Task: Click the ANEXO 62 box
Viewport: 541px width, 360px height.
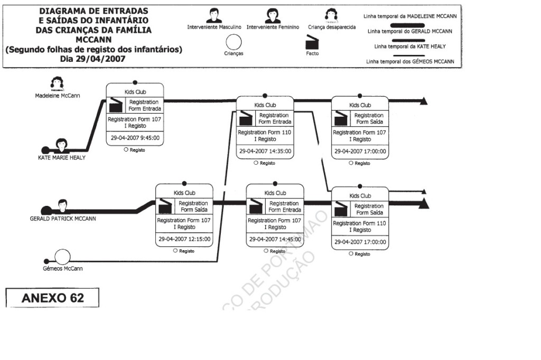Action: pyautogui.click(x=52, y=298)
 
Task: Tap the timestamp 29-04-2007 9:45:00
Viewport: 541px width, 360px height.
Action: pyautogui.click(x=135, y=138)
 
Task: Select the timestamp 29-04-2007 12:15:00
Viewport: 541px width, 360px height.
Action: pyautogui.click(x=184, y=239)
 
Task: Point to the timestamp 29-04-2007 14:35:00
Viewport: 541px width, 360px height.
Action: pyautogui.click(x=265, y=151)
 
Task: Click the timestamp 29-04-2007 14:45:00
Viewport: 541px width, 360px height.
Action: pyautogui.click(x=275, y=239)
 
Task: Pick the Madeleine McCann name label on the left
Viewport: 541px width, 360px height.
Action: pyautogui.click(x=58, y=96)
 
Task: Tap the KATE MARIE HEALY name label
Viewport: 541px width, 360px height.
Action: pyautogui.click(x=61, y=157)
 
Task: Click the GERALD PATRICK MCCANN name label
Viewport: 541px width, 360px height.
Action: pyautogui.click(x=63, y=218)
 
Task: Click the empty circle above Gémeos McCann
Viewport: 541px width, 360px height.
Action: pyautogui.click(x=62, y=257)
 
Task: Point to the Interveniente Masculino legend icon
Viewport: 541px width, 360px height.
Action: pyautogui.click(x=214, y=16)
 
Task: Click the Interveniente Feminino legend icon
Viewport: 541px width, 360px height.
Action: pyautogui.click(x=273, y=16)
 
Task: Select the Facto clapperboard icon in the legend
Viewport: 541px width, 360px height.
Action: pyautogui.click(x=312, y=41)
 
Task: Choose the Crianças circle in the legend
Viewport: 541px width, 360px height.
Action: pyautogui.click(x=233, y=42)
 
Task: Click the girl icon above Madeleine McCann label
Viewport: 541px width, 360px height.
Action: pyautogui.click(x=57, y=82)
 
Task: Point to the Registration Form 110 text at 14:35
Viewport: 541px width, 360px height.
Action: pyautogui.click(x=264, y=132)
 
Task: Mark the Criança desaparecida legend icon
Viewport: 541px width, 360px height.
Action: pyautogui.click(x=332, y=16)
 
